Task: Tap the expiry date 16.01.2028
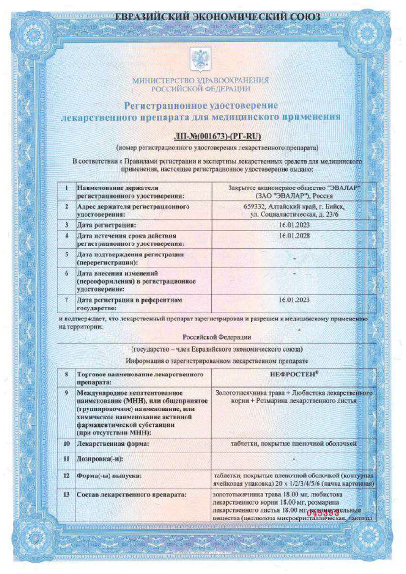click(x=294, y=236)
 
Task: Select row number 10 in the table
click(x=66, y=444)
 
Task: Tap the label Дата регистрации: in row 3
click(x=104, y=225)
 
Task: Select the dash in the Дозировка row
click(x=294, y=459)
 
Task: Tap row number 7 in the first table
click(x=67, y=300)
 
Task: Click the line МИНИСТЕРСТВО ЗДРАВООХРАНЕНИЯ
click(x=200, y=80)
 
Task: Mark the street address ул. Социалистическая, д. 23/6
click(x=294, y=215)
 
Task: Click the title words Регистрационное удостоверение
click(x=201, y=104)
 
